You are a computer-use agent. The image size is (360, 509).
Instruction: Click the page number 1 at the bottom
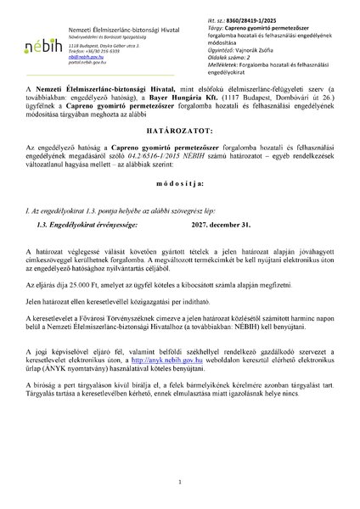click(180, 483)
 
